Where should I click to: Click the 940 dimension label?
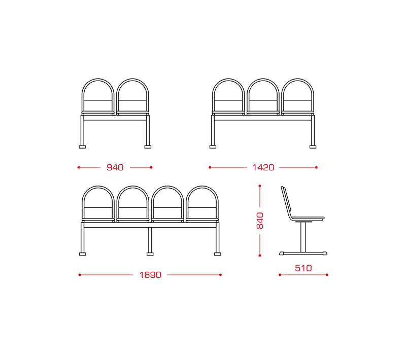coord(115,167)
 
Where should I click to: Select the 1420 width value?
coord(263,167)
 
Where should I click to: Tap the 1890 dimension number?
coord(150,275)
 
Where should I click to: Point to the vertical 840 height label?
coord(260,221)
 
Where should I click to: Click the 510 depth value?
coord(303,268)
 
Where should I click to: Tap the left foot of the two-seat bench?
coord(82,147)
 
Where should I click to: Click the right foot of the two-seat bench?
coord(148,147)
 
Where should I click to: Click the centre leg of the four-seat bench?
coord(150,240)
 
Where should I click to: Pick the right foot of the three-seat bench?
coord(313,147)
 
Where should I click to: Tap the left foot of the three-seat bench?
coord(213,147)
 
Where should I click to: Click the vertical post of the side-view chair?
coord(303,237)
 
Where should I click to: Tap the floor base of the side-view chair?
coord(303,254)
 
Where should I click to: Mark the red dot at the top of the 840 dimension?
coord(260,186)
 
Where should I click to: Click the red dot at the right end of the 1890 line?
coord(220,275)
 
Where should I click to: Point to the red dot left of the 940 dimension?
coord(79,167)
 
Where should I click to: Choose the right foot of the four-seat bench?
coord(218,254)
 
